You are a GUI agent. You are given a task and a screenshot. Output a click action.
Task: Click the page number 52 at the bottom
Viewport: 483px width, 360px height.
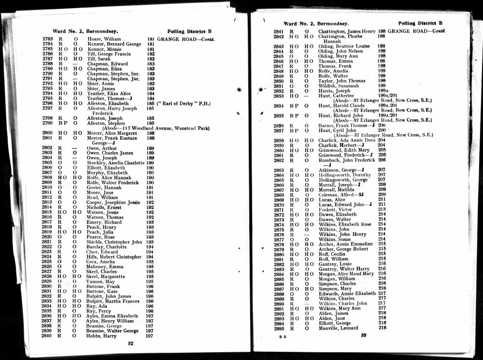click(x=130, y=344)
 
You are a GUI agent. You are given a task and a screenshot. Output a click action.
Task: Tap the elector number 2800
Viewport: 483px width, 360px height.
click(x=47, y=133)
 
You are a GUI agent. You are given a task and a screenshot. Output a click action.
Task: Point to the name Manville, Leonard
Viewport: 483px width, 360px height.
click(x=338, y=328)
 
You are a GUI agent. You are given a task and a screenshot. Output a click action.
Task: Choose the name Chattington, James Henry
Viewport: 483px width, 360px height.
click(x=347, y=31)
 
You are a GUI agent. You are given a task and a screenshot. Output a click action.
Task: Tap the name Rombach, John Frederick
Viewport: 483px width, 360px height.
click(x=346, y=160)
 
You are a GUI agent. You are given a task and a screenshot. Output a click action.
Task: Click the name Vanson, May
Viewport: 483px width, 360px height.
click(x=100, y=281)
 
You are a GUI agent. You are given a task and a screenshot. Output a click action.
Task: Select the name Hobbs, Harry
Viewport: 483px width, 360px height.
click(x=101, y=336)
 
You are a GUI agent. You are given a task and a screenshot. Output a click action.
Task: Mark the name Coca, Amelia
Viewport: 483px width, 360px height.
click(x=101, y=261)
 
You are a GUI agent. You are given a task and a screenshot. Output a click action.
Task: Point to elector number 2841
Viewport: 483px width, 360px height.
click(x=279, y=31)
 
